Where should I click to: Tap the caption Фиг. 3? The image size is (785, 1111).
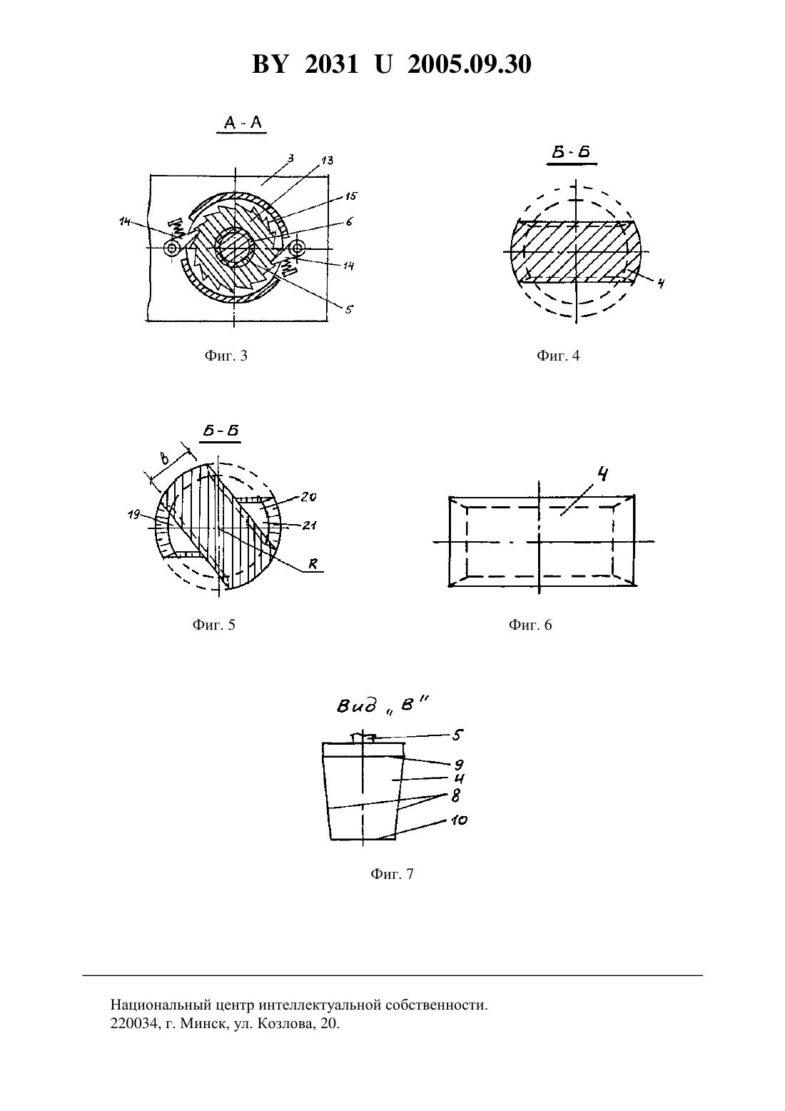[226, 356]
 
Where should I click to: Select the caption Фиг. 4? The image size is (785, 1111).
[557, 356]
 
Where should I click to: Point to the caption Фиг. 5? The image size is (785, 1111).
[213, 625]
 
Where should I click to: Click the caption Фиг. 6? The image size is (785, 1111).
[530, 625]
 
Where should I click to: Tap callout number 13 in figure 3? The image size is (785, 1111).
[327, 161]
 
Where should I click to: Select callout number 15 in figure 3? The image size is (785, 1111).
[351, 196]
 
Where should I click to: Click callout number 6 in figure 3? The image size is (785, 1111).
[349, 222]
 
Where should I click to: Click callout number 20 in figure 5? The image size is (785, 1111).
[308, 497]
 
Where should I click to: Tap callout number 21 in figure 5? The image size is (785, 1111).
[310, 525]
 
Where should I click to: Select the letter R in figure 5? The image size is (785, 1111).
[313, 564]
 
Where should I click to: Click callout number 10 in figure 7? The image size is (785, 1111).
[459, 821]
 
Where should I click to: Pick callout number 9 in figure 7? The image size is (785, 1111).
[459, 765]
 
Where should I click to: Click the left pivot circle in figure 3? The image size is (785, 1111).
[171, 248]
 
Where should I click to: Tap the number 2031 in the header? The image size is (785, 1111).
[331, 64]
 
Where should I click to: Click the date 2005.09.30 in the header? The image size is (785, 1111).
[470, 64]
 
